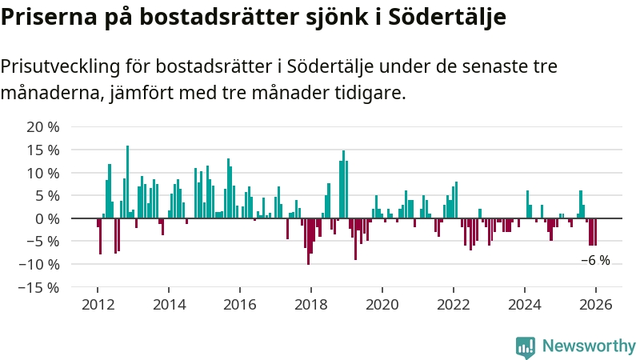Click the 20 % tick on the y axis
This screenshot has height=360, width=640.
43,127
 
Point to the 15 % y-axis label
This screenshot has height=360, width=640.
43,150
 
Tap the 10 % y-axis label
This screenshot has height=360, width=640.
43,174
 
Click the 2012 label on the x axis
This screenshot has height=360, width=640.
98,305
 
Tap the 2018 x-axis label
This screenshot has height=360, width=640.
310,305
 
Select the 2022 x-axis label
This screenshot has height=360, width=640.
454,305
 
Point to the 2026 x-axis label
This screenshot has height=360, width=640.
595,305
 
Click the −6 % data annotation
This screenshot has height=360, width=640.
595,261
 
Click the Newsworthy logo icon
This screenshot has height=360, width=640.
526,346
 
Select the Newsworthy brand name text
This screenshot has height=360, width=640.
589,346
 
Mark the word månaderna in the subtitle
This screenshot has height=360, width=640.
51,93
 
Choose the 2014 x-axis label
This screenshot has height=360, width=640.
169,305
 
